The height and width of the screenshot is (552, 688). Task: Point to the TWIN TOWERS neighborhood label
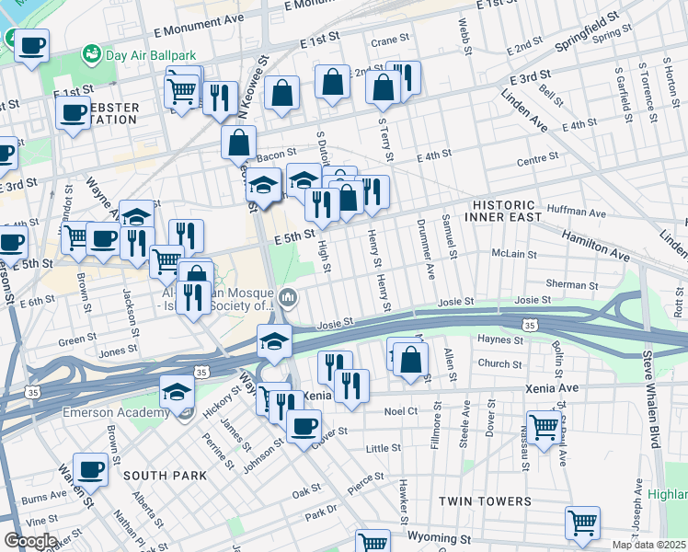pyautogui.click(x=485, y=501)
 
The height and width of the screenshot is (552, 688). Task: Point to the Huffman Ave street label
pyautogui.click(x=576, y=213)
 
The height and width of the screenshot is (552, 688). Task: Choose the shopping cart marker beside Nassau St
pyautogui.click(x=544, y=426)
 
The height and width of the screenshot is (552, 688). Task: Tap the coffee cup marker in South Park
pyautogui.click(x=90, y=468)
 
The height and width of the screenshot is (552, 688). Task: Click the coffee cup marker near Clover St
pyautogui.click(x=304, y=425)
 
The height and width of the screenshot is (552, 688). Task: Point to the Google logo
pyautogui.click(x=30, y=540)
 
